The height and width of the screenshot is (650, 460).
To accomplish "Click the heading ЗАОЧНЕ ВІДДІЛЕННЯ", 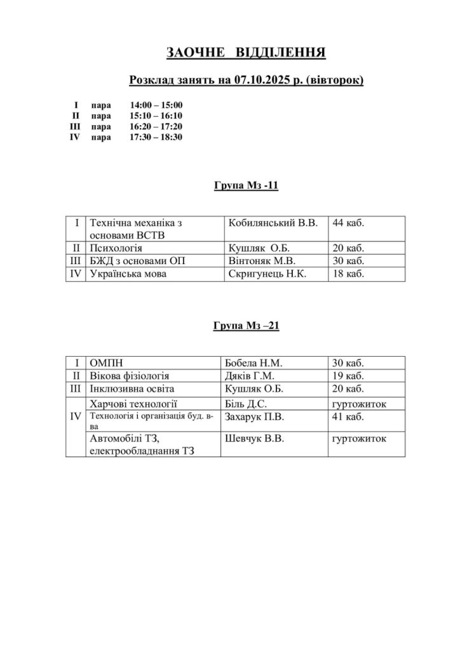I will (246, 52).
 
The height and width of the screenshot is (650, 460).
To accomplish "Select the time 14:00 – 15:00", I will (156, 105).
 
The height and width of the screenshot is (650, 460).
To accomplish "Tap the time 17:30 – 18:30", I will (156, 136).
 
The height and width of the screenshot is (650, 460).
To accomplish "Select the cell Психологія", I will (117, 248).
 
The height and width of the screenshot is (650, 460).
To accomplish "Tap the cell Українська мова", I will (131, 274).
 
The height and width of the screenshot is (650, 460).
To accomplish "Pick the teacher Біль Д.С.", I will (247, 403).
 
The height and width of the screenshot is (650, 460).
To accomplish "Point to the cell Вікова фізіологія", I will (130, 376).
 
